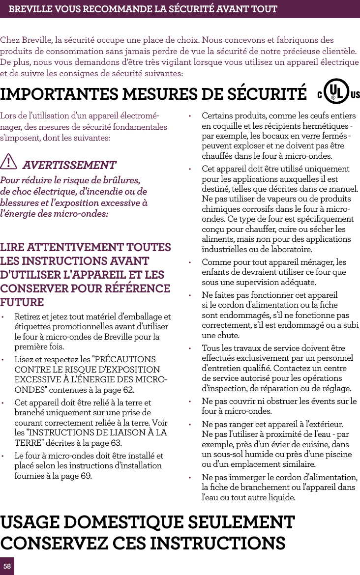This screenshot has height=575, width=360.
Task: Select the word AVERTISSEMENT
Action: [x=69, y=165]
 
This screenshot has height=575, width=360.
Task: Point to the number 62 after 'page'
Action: [x=127, y=390]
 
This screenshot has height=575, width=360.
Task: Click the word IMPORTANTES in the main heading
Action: [x=59, y=94]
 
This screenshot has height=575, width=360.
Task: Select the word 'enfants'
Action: [x=214, y=272]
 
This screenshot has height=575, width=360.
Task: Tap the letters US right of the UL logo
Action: [x=355, y=94]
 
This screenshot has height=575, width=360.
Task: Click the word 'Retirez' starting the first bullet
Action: [x=27, y=316]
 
